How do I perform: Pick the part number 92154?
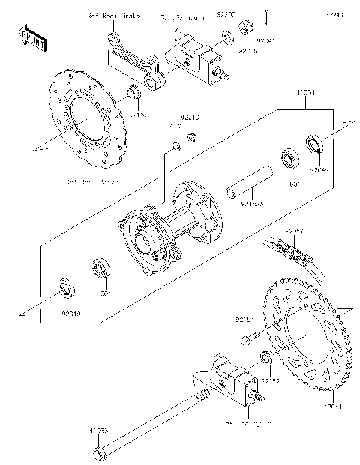(x=247, y=319)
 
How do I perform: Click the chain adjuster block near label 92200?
(x=196, y=54)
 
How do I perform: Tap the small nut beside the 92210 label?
(x=192, y=136)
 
